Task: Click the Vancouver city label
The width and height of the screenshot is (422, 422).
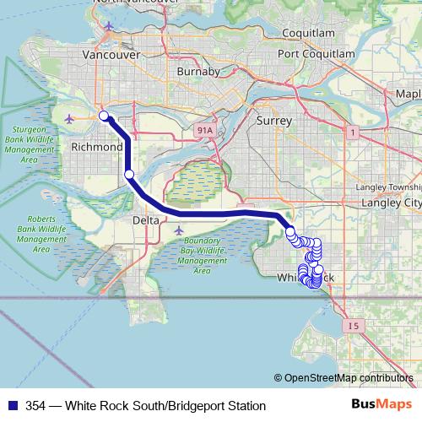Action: point(111,54)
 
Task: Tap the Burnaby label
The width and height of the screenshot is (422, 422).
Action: point(198,72)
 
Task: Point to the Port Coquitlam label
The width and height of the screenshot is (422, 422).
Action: point(316,53)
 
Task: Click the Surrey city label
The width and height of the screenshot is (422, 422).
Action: point(274,122)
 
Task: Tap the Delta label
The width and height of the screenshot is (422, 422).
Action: point(145,220)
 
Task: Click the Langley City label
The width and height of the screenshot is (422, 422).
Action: point(391,203)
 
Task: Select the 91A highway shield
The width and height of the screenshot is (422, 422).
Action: point(203,131)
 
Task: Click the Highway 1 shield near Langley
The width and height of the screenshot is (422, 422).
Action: point(351,131)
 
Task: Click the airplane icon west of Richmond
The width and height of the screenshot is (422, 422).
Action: point(69,118)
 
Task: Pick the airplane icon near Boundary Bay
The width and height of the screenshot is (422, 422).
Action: point(178,230)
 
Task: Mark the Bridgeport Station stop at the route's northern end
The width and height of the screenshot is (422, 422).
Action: point(103,116)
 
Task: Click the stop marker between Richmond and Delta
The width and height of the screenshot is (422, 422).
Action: point(129,175)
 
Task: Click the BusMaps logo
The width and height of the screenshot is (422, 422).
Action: point(381,405)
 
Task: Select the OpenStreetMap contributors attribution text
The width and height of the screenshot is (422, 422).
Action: point(348,378)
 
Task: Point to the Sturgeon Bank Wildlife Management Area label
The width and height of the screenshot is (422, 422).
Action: point(29,141)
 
